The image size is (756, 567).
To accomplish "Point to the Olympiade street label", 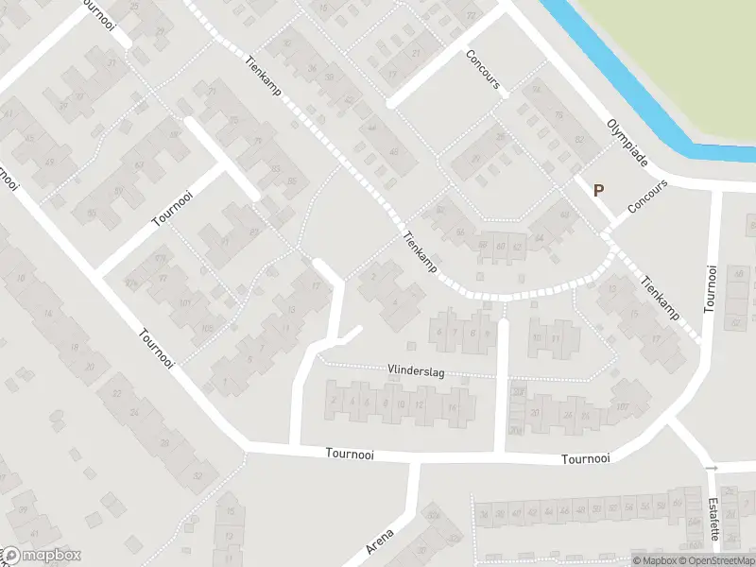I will [627, 143].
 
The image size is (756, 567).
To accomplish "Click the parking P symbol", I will [598, 190].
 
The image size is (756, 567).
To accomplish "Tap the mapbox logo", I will [43, 556].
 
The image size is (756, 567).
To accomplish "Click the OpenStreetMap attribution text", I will [717, 560].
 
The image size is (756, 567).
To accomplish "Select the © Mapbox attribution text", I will [657, 560].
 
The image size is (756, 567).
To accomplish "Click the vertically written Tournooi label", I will [711, 288].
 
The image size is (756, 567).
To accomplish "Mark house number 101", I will [185, 303].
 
